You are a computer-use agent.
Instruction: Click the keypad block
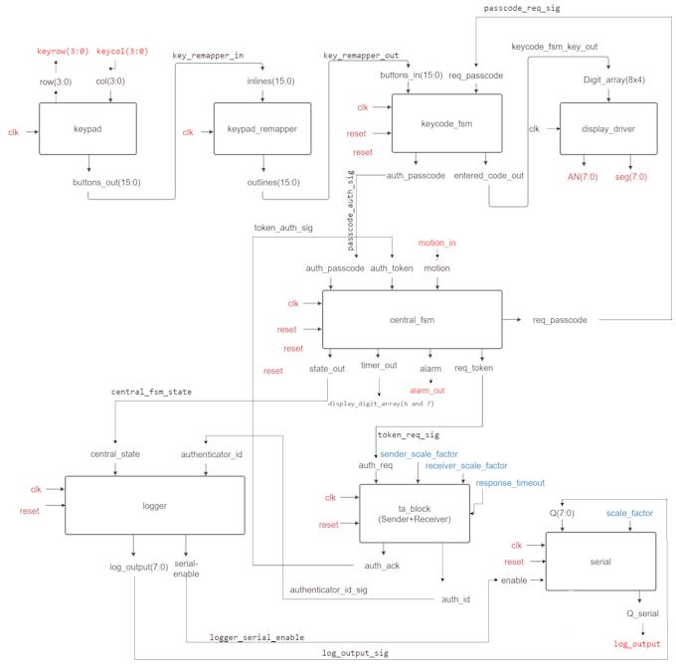pos(87,129)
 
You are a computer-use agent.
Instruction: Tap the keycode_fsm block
pos(446,123)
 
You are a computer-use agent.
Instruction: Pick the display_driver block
pos(608,129)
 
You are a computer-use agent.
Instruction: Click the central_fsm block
pos(413,320)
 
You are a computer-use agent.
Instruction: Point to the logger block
pos(154,506)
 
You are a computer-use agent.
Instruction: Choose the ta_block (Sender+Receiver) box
pos(415,514)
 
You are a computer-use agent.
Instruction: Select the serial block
pos(600,562)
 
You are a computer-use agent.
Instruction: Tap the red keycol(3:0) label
pos(122,51)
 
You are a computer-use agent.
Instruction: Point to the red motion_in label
pos(436,243)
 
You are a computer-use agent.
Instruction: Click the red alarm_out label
pos(427,391)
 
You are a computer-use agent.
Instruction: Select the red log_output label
pos(637,644)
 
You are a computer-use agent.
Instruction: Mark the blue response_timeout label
pos(510,483)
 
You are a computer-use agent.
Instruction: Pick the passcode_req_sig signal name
pos(522,9)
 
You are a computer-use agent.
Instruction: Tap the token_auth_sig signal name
pos(283,228)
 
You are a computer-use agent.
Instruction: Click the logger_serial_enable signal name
pos(256,637)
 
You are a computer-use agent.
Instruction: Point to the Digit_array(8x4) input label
pos(614,80)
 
